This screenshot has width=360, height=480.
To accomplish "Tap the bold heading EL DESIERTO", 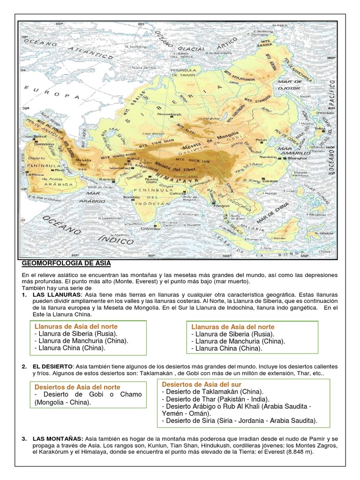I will tap(52, 366).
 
